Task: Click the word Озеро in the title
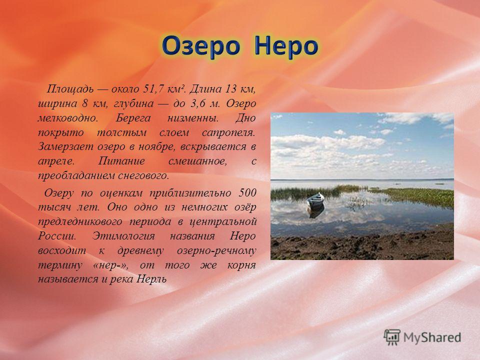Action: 201,45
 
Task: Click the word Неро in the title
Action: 286,45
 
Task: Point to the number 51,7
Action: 153,89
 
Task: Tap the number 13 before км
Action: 231,89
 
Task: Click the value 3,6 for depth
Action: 198,103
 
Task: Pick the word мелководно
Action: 67,118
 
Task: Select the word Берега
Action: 133,118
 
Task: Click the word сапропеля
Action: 228,132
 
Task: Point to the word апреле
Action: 56,161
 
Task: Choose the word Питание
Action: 121,160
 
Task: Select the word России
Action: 57,236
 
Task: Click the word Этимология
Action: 123,236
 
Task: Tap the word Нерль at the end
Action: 151,279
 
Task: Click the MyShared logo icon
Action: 392,337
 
